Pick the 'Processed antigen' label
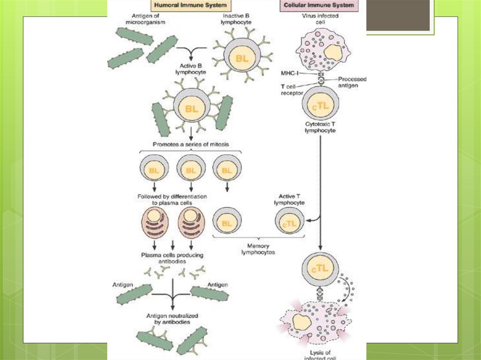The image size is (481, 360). pyautogui.click(x=352, y=82)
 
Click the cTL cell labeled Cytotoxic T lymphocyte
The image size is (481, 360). pyautogui.click(x=321, y=107)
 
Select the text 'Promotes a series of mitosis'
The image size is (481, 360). pyautogui.click(x=190, y=145)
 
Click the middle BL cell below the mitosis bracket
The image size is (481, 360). pyautogui.click(x=190, y=170)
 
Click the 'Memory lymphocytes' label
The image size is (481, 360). pyautogui.click(x=258, y=249)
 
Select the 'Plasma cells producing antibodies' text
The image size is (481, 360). pyautogui.click(x=172, y=258)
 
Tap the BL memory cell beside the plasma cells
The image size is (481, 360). pyautogui.click(x=227, y=224)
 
